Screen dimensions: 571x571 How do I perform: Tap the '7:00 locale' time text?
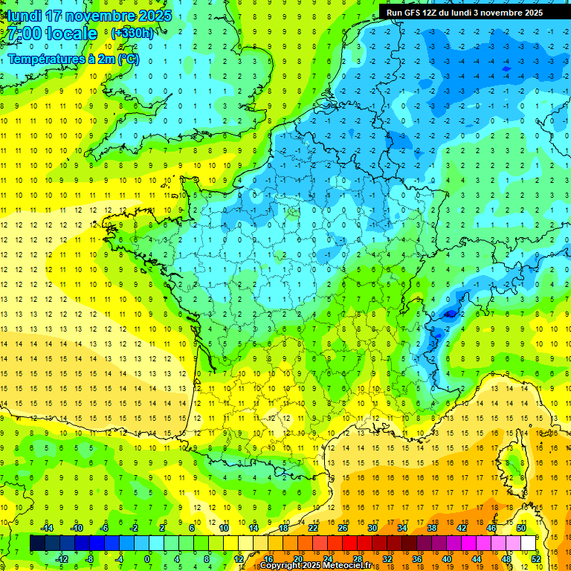[52, 33]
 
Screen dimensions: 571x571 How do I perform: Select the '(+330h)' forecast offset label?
[132, 33]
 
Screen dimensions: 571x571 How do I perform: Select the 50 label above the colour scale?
[521, 529]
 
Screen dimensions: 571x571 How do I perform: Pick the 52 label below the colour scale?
[536, 559]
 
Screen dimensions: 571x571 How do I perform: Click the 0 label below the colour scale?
[147, 559]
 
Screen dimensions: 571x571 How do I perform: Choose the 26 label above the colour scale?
[343, 529]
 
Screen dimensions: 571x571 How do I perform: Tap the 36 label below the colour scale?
[417, 559]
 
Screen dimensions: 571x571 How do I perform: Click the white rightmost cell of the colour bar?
[529, 543]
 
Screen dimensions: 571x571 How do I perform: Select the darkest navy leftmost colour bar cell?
[38, 543]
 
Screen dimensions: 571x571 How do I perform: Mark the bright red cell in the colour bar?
[350, 543]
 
